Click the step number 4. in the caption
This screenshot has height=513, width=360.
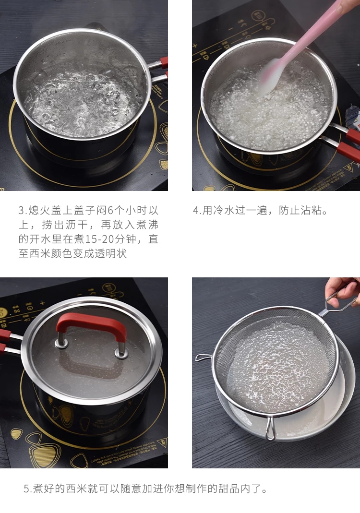197,210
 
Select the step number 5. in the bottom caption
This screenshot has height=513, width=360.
28,489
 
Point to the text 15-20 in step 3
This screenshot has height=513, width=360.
98,239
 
